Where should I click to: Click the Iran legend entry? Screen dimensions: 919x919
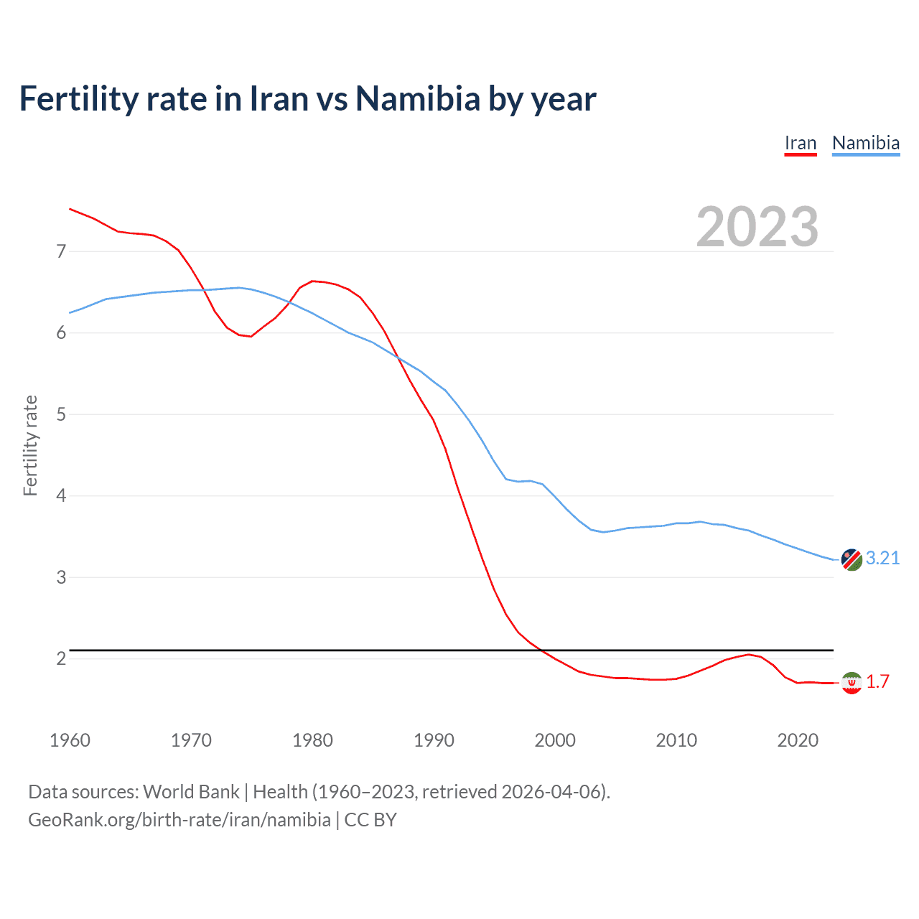(800, 144)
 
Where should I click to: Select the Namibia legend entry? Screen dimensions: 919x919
(865, 144)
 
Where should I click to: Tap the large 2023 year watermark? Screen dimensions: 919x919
(757, 227)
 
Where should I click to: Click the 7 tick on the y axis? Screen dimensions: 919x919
(61, 251)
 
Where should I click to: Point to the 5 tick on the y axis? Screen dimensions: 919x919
(61, 414)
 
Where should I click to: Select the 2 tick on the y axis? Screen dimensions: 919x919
(61, 658)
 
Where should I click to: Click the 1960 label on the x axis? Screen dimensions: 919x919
(70, 740)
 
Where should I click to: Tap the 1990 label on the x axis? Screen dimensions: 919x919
(434, 740)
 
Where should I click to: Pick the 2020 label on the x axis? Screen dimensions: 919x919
(798, 740)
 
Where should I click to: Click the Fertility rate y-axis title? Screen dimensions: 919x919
(30, 445)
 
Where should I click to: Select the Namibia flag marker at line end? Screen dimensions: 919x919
(852, 559)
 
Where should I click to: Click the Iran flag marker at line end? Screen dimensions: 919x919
(852, 683)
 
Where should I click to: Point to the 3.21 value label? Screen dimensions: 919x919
(882, 558)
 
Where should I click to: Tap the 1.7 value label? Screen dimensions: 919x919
(877, 681)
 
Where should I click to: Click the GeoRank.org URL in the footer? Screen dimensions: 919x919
(179, 820)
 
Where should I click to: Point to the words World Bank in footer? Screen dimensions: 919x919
(191, 792)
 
